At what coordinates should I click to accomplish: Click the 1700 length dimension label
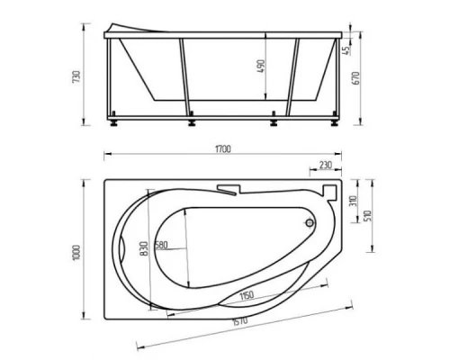[223, 149]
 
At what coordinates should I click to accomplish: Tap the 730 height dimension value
[76, 76]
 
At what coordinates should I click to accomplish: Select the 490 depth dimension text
[261, 66]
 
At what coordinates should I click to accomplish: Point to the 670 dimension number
[355, 78]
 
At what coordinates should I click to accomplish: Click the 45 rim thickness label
[347, 50]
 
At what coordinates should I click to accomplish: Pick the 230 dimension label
[326, 165]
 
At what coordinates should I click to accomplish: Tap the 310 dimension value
[353, 201]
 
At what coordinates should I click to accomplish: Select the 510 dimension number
[368, 216]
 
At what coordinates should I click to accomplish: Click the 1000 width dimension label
[76, 253]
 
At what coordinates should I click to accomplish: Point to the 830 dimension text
[144, 248]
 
